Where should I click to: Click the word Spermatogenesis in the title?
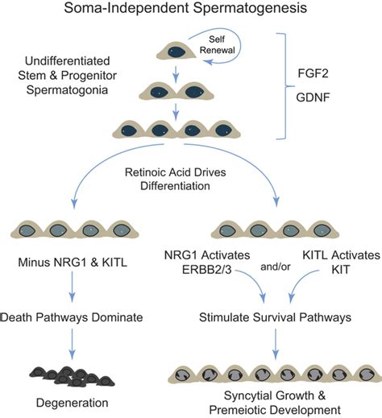(250, 7)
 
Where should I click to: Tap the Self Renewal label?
(217, 45)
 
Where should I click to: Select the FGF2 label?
(313, 73)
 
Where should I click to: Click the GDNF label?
(313, 97)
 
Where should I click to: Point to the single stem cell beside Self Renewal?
(176, 51)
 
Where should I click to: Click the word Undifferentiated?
(67, 61)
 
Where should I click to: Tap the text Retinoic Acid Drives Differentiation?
(175, 179)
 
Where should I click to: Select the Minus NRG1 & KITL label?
(73, 263)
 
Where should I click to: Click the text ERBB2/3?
(206, 270)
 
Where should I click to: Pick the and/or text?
(276, 267)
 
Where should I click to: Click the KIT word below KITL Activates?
(341, 270)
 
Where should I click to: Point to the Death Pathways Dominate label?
(72, 317)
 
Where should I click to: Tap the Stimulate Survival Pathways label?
(275, 317)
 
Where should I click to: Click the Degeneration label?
(73, 403)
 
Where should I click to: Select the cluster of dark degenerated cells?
(72, 376)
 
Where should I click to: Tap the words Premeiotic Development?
(275, 410)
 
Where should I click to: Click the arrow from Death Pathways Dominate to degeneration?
(72, 344)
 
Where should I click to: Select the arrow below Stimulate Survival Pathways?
(276, 344)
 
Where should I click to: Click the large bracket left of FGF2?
(285, 86)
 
